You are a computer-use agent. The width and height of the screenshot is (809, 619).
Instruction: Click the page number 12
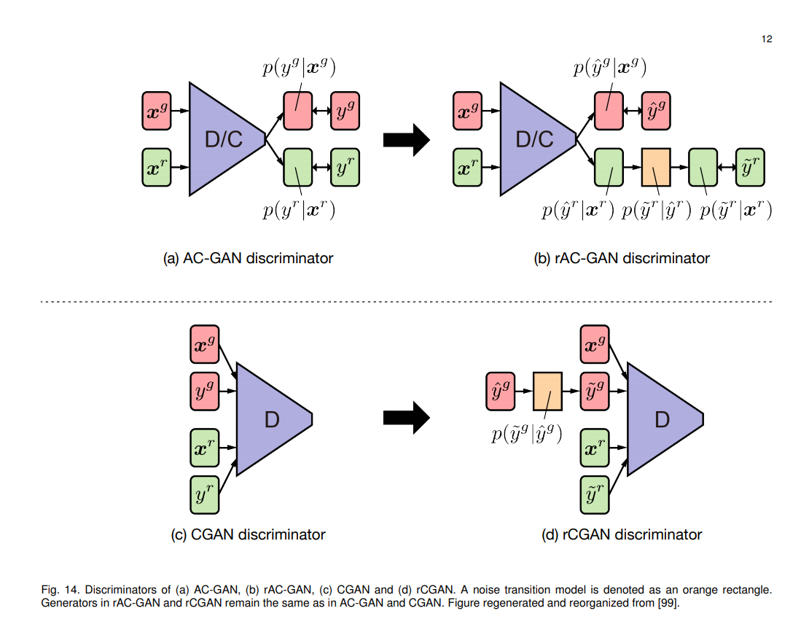tap(766, 39)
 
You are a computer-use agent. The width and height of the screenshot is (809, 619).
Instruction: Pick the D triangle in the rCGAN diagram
tap(660, 418)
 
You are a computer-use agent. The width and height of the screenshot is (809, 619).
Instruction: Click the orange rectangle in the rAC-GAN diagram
tap(655, 167)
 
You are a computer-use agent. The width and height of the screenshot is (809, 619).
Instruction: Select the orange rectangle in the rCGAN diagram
tap(547, 392)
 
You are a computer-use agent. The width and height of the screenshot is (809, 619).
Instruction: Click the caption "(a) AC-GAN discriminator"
tap(249, 258)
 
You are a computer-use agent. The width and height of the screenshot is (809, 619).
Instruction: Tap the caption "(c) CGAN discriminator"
tap(248, 534)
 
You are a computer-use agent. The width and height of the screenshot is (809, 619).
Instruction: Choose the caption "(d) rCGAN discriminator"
tap(622, 534)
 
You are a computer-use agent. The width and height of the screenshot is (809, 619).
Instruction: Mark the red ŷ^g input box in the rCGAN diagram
tap(500, 392)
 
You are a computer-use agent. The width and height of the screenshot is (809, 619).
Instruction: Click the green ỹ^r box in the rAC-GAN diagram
tap(750, 167)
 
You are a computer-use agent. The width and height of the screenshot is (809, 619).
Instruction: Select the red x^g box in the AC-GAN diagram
tap(157, 111)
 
